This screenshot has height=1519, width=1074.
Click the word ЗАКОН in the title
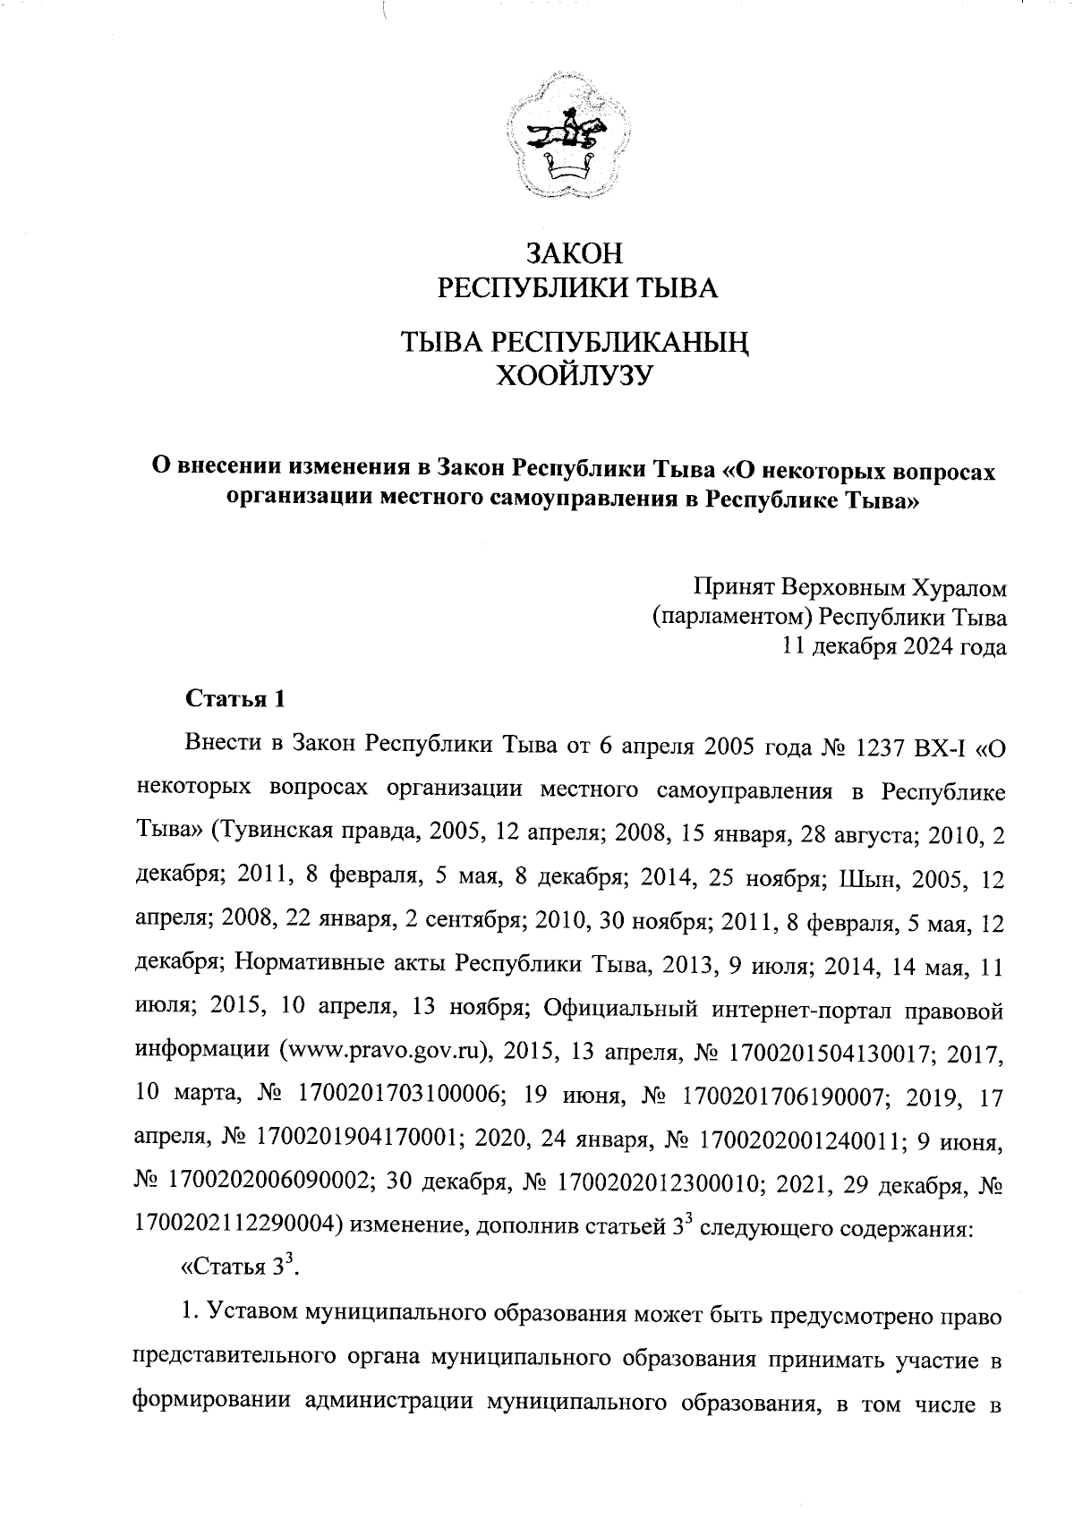coord(573,254)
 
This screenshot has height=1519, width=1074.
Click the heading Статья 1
coord(234,699)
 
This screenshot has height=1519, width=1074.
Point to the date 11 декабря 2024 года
coord(893,646)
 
